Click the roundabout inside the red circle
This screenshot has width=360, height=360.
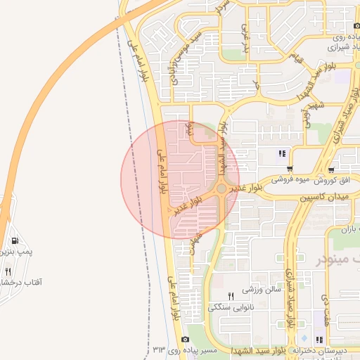click(x=222, y=188)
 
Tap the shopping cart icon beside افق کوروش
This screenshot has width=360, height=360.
click(x=331, y=170)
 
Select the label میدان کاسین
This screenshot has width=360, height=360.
click(x=325, y=199)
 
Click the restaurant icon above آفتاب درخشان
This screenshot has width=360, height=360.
click(x=8, y=271)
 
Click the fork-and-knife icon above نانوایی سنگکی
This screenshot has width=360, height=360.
click(x=231, y=296)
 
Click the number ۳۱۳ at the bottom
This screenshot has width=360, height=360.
click(x=158, y=349)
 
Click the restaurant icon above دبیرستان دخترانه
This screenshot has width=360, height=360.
click(x=319, y=340)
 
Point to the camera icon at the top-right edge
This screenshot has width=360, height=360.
click(x=356, y=26)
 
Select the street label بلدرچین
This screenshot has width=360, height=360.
click(x=245, y=38)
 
